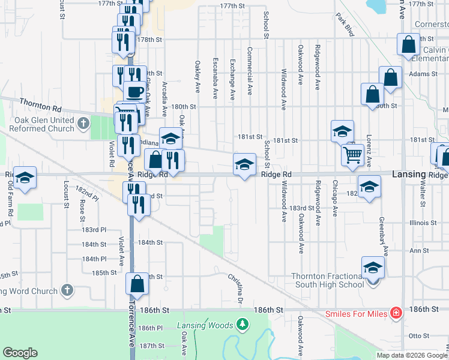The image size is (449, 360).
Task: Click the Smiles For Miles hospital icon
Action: [396, 313]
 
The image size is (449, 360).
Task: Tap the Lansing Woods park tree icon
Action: [243, 325]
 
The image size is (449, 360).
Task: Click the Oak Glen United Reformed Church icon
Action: [83, 124]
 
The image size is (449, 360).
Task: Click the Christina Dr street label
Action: [235, 289]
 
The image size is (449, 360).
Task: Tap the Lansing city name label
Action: [409, 174]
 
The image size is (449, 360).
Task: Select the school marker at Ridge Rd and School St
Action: [244, 164]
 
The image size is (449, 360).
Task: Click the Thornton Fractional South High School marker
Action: [373, 267]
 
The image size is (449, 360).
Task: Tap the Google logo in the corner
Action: [20, 353]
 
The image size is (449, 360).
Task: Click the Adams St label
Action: [424, 74]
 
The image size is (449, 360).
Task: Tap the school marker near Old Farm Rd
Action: [25, 178]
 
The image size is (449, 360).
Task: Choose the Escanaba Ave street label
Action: [215, 79]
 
